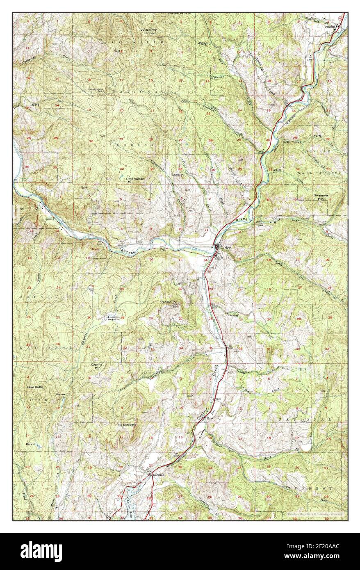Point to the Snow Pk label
tap(178, 175)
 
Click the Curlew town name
tap(226, 248)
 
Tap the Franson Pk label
tap(168, 302)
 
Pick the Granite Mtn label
tap(97, 366)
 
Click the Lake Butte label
tap(35, 387)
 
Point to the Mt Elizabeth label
tap(127, 424)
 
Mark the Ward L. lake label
tap(31, 444)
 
